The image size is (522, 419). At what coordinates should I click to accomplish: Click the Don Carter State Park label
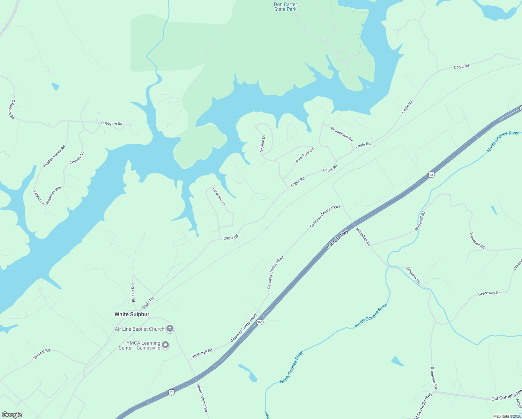point(285,7)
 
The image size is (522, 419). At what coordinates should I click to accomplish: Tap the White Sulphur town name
point(132,314)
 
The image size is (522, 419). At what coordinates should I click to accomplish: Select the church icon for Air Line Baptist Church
point(170,328)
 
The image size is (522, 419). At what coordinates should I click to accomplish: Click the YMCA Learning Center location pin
point(166,345)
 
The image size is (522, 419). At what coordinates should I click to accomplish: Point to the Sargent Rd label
point(42,354)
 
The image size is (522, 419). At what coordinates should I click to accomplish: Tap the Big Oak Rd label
point(133,293)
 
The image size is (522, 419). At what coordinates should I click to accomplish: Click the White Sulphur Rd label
point(202,398)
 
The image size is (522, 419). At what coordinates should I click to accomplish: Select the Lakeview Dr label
point(219,197)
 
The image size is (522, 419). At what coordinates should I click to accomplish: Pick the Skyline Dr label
point(262,143)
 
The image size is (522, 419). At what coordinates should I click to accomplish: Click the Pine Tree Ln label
point(305,155)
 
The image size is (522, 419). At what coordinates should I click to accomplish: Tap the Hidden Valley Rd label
point(54,156)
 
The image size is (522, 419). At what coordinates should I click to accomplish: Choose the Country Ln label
point(77,158)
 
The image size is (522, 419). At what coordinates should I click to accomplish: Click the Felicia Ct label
point(38,197)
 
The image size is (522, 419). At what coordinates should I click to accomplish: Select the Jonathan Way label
point(54,194)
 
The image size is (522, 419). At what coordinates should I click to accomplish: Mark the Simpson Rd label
point(413,275)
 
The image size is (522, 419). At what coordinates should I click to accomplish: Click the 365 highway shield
point(260,322)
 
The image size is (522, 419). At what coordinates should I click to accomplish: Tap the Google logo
point(12,415)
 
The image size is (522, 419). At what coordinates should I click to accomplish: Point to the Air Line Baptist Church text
point(140,329)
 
